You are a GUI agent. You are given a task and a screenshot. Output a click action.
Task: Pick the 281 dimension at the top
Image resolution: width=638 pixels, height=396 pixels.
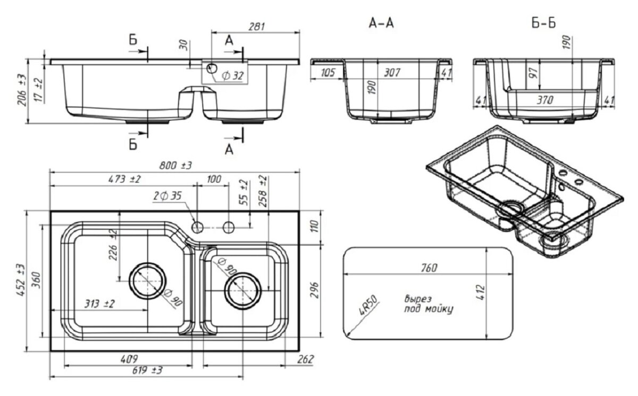[x=256, y=26]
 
